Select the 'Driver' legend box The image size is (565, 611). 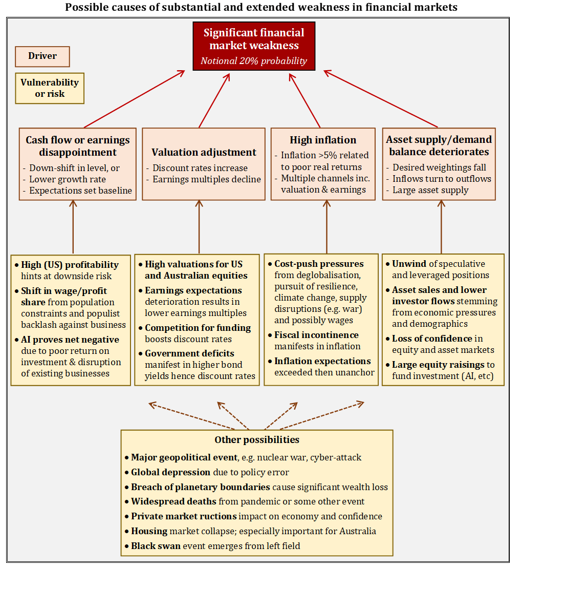pos(42,56)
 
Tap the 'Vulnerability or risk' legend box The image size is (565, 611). pos(50,88)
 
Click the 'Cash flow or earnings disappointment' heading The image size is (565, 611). pos(78,146)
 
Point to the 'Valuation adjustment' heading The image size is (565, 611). pos(204,152)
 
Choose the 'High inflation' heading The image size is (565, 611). pos(323,140)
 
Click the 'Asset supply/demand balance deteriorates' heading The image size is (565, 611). pos(439,145)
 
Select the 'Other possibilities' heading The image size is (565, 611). pos(257,439)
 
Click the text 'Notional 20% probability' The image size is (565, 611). pos(254,61)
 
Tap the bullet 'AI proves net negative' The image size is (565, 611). pos(70,340)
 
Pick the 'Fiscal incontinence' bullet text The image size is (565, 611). pos(316,335)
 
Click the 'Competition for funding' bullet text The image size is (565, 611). pos(198,328)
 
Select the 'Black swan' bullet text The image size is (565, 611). pos(156,546)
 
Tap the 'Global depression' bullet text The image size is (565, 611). pos(171,472)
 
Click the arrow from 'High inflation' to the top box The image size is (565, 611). pos(305,100)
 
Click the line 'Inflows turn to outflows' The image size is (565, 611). pos(442,179)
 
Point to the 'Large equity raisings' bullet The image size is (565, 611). pos(439,365)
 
